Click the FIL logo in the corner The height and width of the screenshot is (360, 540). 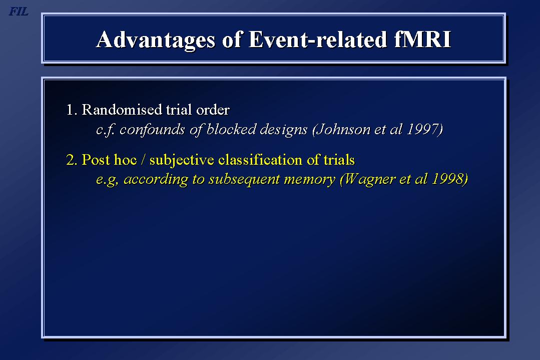coord(18,12)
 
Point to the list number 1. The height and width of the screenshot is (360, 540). coord(71,110)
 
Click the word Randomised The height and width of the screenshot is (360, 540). coord(122,110)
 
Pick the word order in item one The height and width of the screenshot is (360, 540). coord(213,110)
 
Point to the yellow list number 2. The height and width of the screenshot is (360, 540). coord(72,160)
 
